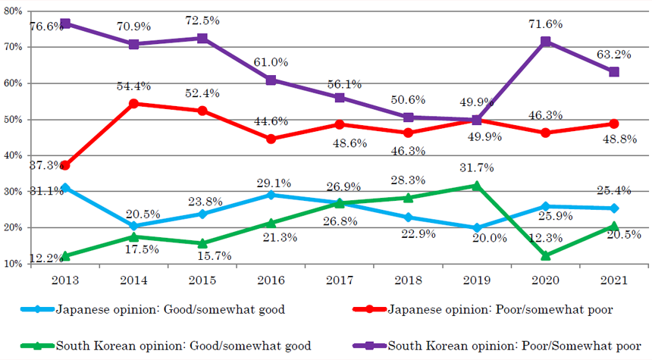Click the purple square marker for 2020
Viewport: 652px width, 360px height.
[x=545, y=42]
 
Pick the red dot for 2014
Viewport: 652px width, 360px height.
[x=134, y=103]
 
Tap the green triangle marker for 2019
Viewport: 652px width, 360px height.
[x=477, y=185]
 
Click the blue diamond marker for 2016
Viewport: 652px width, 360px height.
[x=271, y=195]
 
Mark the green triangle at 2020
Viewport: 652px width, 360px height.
[x=545, y=255]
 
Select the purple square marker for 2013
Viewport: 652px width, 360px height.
[x=66, y=23]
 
